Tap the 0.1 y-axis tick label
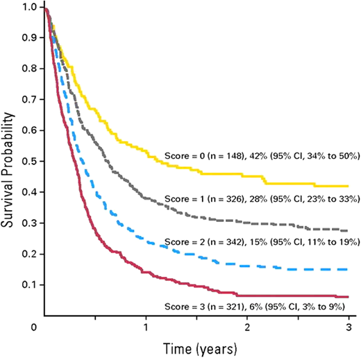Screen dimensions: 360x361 [31, 284]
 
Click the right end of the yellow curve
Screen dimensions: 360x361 [348, 186]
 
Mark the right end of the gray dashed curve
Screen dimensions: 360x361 [348, 230]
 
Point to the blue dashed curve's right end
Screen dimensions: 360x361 [348, 269]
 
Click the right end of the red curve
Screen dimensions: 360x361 [348, 296]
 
